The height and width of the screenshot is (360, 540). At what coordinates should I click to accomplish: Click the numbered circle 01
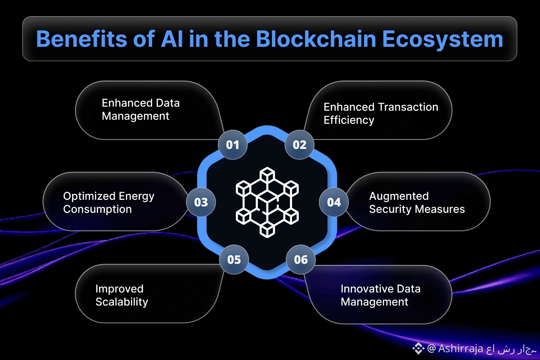click(x=232, y=145)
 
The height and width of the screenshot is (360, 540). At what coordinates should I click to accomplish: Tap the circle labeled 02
click(x=299, y=145)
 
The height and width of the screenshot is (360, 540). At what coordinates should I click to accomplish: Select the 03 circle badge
click(x=201, y=202)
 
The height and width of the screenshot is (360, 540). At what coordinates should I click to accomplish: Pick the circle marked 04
click(x=334, y=202)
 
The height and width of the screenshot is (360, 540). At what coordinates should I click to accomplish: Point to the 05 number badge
click(x=234, y=259)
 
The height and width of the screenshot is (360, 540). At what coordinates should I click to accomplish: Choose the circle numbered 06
click(x=301, y=260)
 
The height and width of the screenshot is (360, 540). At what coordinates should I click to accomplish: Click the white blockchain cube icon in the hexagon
click(x=267, y=202)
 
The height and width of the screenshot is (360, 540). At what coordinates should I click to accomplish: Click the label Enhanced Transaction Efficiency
click(x=381, y=113)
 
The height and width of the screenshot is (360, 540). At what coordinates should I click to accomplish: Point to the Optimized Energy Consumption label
click(x=108, y=202)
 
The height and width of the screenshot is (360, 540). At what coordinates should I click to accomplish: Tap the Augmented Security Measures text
click(x=417, y=202)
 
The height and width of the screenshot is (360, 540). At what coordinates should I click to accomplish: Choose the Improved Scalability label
click(x=121, y=295)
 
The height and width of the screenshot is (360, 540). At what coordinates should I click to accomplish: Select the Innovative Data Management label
click(x=380, y=295)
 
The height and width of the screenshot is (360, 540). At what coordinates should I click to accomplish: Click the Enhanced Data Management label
click(x=140, y=109)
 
